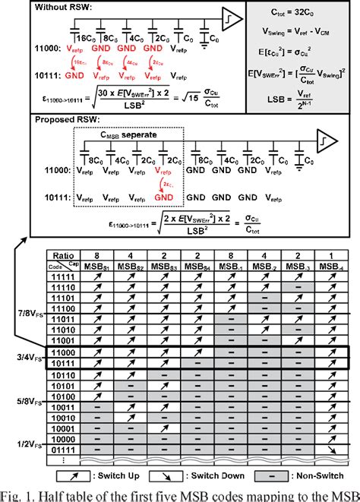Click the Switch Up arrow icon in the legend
[x=65, y=476]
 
